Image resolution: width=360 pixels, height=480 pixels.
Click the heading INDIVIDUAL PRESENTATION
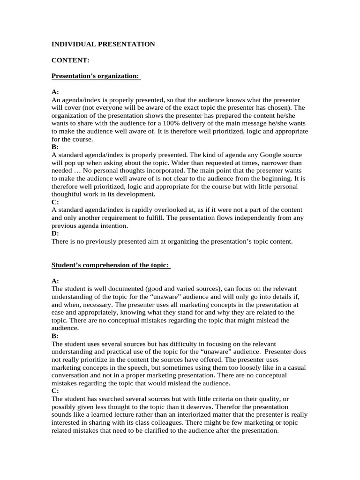(x=103, y=44)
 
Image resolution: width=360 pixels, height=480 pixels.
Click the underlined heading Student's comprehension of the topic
(x=111, y=265)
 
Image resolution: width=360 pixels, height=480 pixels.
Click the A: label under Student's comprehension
(x=55, y=281)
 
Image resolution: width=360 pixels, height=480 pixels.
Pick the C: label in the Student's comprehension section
(x=55, y=390)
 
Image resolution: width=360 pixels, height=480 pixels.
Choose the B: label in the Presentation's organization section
(x=55, y=147)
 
